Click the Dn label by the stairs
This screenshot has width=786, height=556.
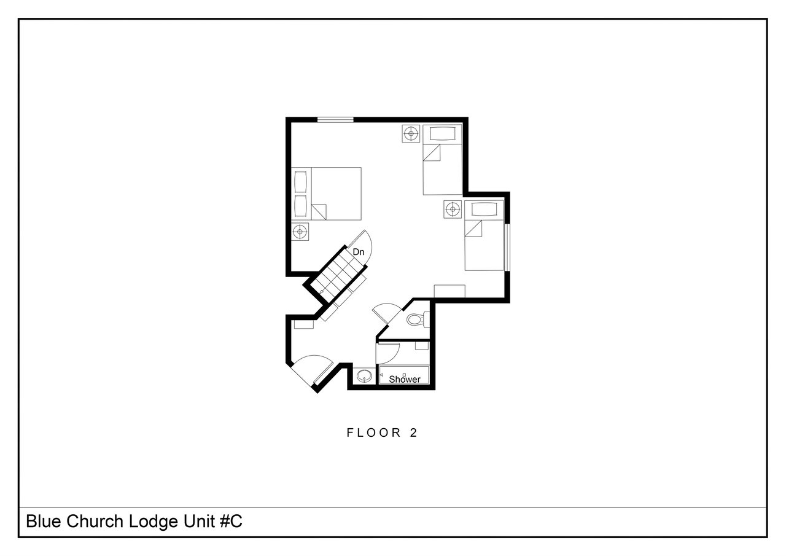pos(358,252)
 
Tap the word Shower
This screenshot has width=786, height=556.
pos(404,380)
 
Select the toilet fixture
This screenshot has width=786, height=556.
pos(418,319)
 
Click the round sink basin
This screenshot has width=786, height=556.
pos(364,377)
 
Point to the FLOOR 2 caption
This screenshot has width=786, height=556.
pos(382,433)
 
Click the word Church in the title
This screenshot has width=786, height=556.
pos(95,522)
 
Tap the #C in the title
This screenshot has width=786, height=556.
pos(231,522)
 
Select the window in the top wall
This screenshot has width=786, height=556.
pos(335,120)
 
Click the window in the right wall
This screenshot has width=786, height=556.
pos(507,247)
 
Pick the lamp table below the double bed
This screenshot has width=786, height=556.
pos(300,232)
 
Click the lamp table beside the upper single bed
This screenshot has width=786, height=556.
pos(411,134)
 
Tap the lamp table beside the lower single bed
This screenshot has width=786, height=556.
pos(453,209)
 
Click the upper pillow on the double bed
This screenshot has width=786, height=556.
pos(300,181)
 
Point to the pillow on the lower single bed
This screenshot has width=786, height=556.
pos(484,209)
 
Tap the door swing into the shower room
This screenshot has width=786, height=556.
pos(387,353)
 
